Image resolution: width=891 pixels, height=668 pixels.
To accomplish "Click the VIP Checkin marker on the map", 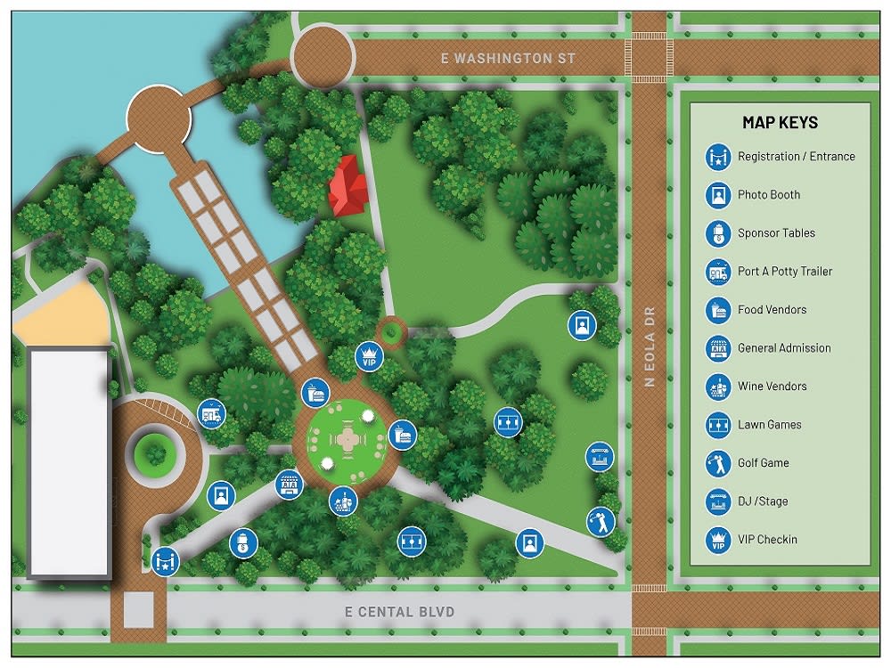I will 368,356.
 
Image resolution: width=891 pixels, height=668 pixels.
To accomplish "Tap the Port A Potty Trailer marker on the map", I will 211,413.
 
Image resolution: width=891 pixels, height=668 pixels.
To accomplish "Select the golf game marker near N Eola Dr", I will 601,521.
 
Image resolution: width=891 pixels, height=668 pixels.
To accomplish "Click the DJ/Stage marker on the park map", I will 600,457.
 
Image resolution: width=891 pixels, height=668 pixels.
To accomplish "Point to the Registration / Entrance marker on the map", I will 165,561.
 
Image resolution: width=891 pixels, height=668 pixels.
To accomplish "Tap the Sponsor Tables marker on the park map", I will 242,542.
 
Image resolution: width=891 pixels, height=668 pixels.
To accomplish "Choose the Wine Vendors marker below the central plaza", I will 342,501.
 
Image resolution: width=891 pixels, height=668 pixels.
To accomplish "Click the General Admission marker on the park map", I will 289,485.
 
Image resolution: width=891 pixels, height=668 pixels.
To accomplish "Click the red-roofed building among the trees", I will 348,185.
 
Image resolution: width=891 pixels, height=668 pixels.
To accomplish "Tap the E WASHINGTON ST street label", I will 509,59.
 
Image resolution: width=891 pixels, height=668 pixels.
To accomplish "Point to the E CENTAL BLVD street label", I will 399,612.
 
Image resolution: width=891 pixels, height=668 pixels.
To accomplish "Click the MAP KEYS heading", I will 780,123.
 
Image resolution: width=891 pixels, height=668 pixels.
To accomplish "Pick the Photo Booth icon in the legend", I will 718,195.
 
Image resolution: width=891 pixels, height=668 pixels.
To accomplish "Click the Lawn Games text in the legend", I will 769,425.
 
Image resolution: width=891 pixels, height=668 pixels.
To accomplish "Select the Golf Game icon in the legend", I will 718,463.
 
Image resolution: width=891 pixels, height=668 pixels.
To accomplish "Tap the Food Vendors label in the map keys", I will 772,310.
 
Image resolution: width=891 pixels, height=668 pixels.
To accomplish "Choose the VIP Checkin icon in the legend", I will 718,540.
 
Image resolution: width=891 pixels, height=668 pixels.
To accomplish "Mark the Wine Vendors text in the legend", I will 772,387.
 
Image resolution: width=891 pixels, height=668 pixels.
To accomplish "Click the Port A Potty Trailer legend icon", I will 718,272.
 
